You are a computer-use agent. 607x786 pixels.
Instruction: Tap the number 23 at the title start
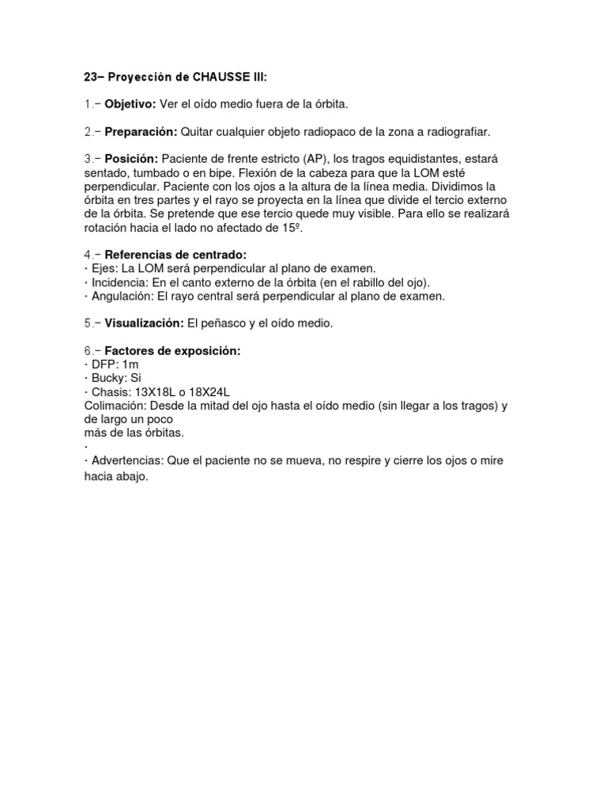pyautogui.click(x=90, y=77)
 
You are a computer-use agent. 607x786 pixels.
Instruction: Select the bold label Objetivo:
pyautogui.click(x=130, y=104)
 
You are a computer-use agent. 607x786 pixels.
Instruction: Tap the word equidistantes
pyautogui.click(x=434, y=159)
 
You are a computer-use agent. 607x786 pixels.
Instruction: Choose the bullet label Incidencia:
pyautogui.click(x=122, y=282)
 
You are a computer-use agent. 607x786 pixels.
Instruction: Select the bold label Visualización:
pyautogui.click(x=144, y=323)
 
